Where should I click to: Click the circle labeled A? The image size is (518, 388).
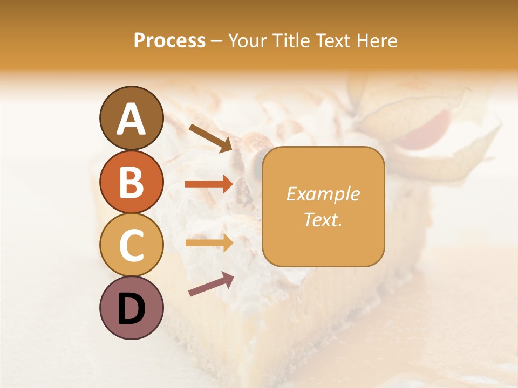(131, 118)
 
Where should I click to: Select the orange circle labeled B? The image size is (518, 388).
(131, 182)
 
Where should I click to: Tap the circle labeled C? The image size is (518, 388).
(131, 245)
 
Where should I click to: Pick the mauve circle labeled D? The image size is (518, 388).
(131, 308)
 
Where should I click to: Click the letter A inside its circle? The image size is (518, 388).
(131, 119)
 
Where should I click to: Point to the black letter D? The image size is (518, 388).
(131, 309)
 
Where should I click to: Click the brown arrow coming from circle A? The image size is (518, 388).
(210, 138)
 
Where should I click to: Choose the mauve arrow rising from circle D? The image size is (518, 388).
(211, 284)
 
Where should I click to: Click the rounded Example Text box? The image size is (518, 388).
(323, 206)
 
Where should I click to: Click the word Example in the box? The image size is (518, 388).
(323, 194)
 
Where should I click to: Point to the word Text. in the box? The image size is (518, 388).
(323, 220)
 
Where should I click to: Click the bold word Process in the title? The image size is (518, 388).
(169, 41)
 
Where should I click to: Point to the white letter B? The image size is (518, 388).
(131, 183)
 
